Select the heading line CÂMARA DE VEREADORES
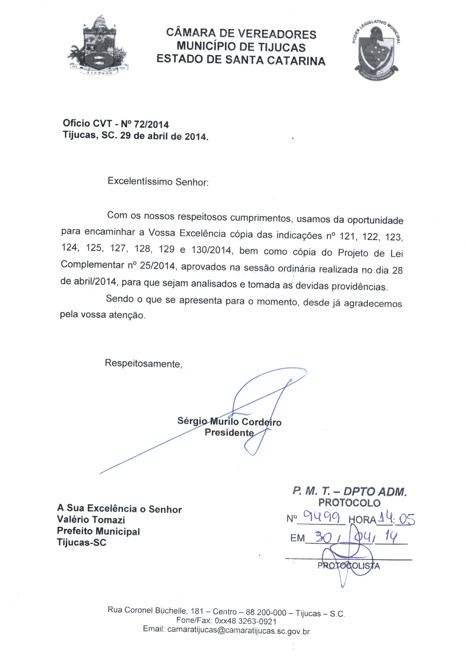click(241, 34)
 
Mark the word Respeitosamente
click(143, 363)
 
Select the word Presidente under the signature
click(229, 432)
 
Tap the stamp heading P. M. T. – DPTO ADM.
click(349, 491)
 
